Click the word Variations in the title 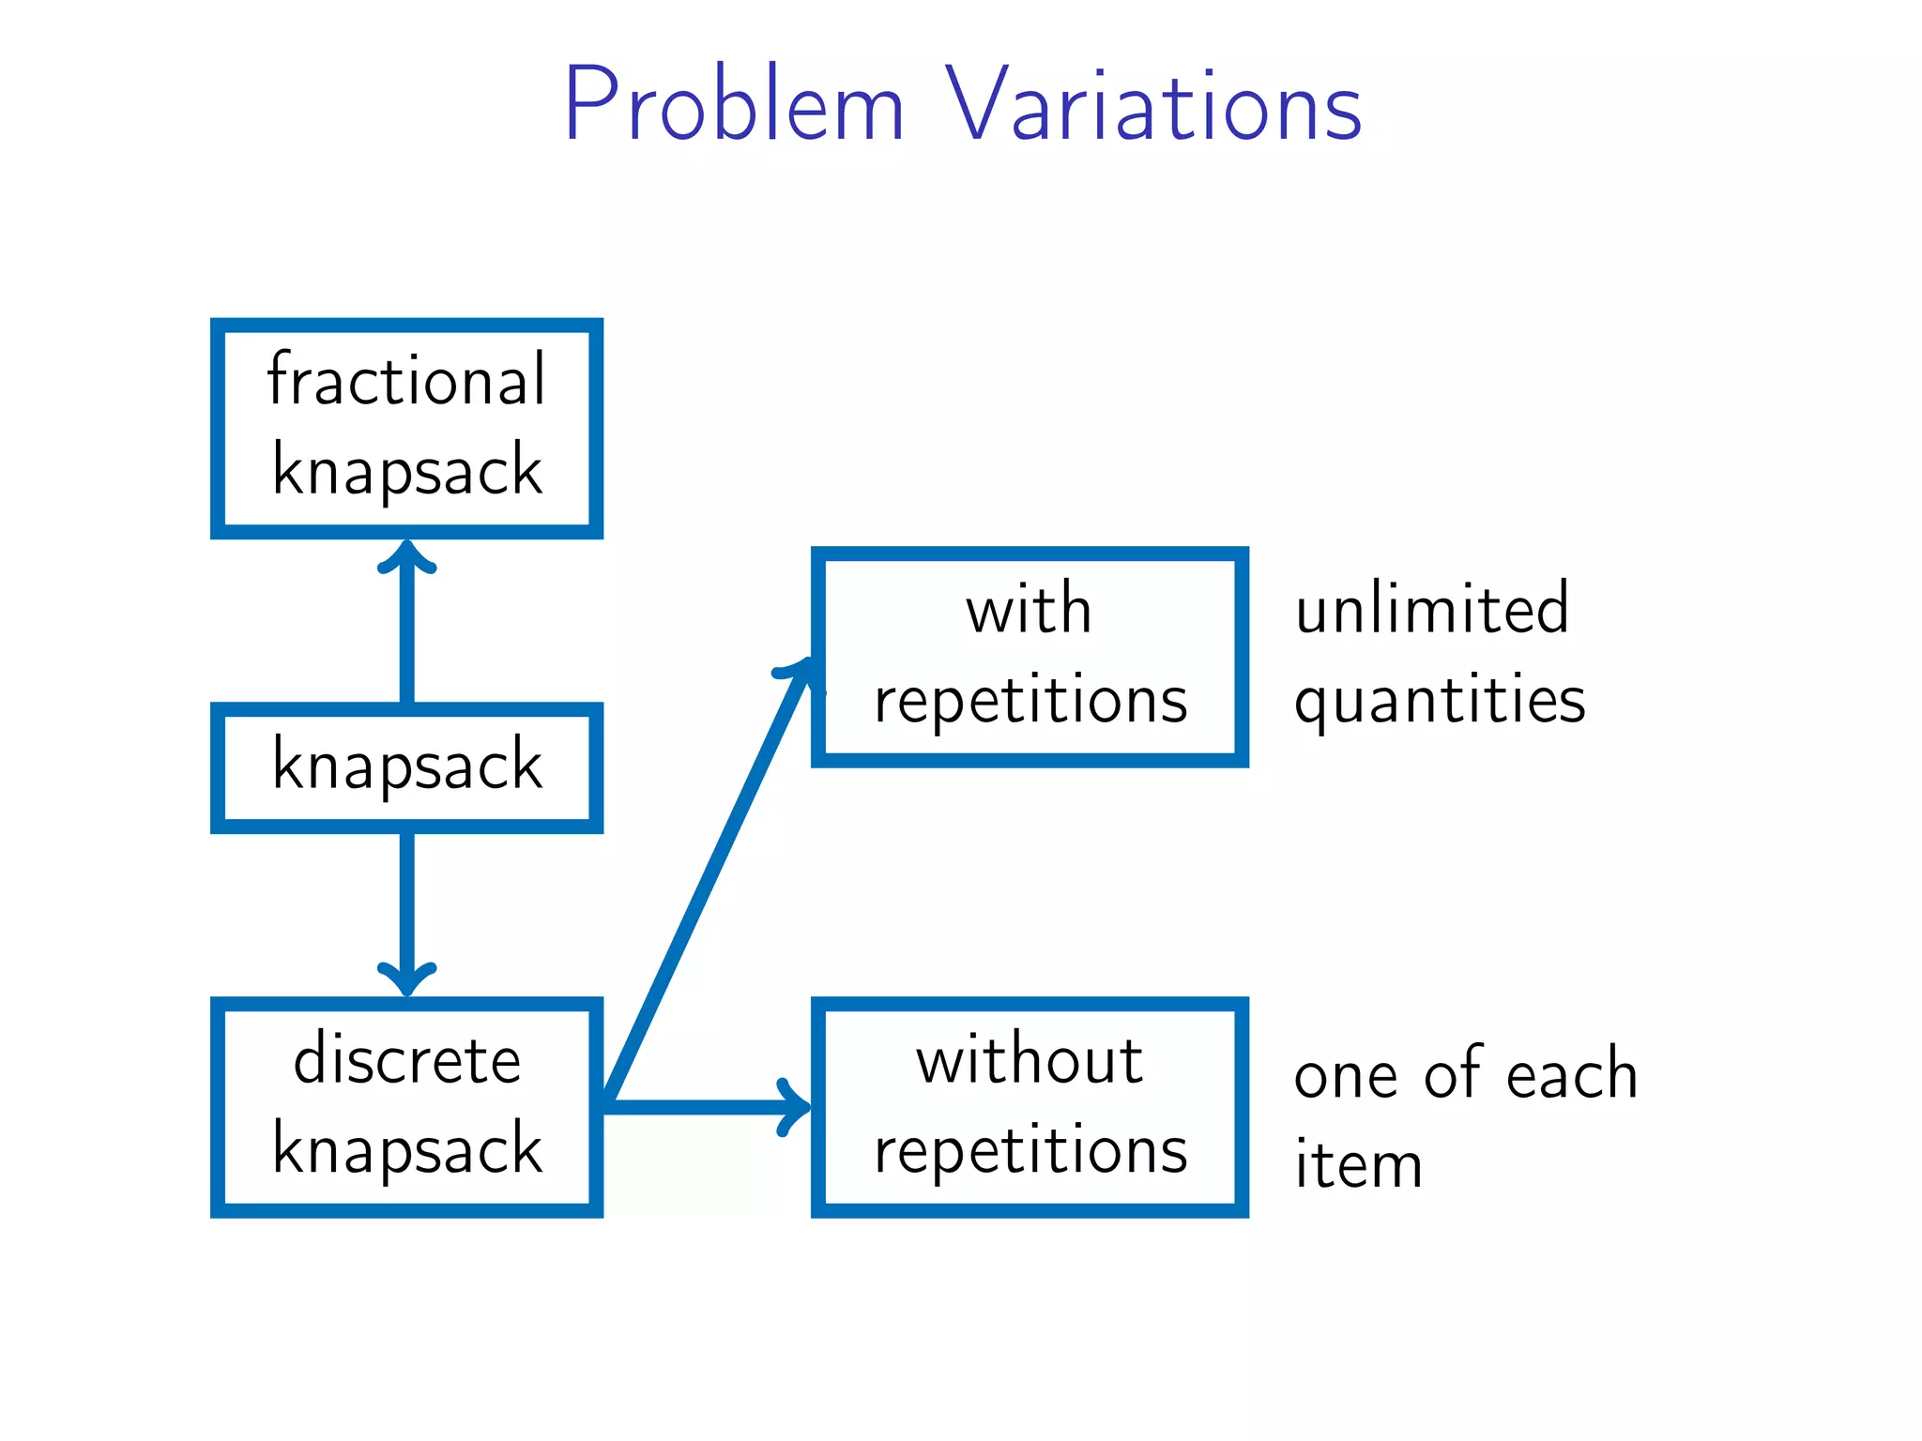pos(1152,105)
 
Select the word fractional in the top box pos(406,379)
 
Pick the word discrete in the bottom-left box pos(406,1060)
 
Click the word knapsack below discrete pos(406,1150)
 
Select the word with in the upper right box pos(1029,610)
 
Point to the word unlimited pos(1431,610)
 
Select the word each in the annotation pos(1571,1074)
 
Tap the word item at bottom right pos(1358,1165)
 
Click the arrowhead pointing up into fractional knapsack pos(406,559)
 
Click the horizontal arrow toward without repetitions pos(704,1107)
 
